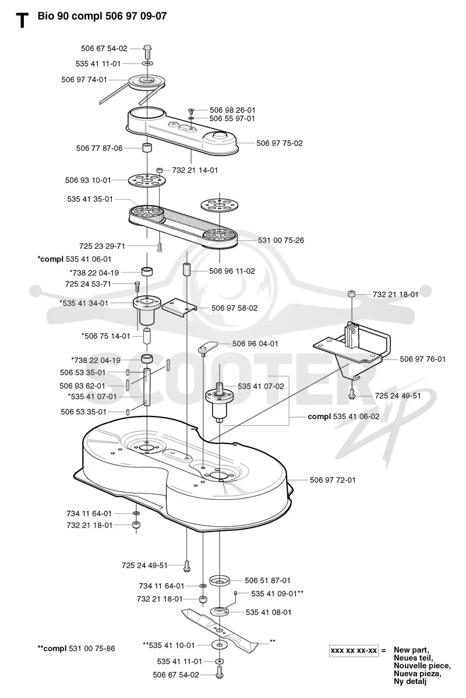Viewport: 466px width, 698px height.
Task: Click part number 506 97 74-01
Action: click(84, 80)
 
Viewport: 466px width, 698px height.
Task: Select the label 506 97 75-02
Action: click(280, 143)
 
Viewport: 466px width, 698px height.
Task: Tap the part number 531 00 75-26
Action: click(281, 240)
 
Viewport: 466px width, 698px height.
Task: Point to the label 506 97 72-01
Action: click(333, 480)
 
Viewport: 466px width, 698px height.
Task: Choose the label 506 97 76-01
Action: click(422, 359)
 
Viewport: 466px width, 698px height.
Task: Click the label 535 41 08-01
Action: click(269, 612)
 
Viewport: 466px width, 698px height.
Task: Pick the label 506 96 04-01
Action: click(255, 344)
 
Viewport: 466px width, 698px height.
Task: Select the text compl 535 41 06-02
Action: click(344, 417)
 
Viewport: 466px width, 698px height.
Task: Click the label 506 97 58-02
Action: click(235, 308)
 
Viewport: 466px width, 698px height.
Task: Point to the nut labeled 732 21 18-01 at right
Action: click(352, 294)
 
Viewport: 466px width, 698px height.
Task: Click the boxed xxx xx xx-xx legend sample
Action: click(354, 650)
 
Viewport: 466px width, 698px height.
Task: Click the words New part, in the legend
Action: click(411, 650)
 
